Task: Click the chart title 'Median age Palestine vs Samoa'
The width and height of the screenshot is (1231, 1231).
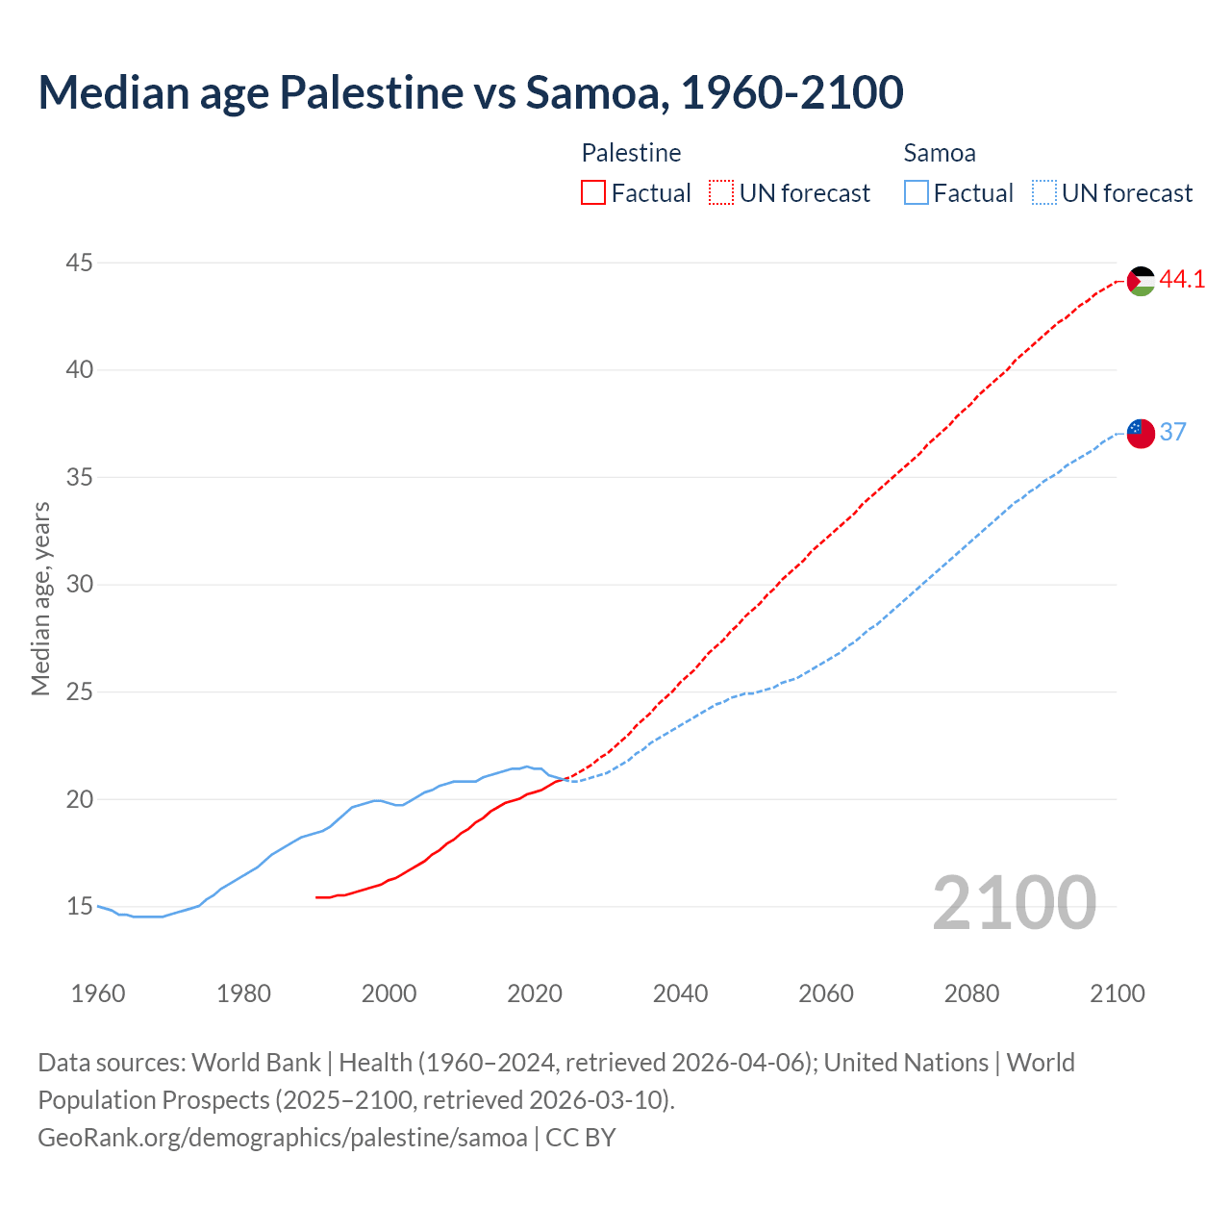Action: (470, 92)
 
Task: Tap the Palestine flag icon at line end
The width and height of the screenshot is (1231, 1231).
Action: (1141, 281)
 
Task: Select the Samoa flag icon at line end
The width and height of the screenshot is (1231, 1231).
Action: (1141, 433)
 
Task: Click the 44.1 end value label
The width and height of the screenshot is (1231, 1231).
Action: (1182, 280)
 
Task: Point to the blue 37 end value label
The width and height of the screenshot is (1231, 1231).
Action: (1172, 432)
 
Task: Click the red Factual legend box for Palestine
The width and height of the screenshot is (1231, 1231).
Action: (593, 193)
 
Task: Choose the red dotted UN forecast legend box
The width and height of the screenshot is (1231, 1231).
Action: (721, 193)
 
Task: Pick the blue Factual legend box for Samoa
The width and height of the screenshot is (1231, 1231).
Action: (917, 193)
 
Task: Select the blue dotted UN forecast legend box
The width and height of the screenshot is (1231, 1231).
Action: (1043, 193)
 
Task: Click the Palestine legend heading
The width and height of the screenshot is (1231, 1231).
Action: (631, 153)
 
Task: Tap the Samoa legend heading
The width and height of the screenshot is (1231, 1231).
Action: (940, 153)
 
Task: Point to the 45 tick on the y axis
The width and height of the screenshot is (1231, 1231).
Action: (80, 263)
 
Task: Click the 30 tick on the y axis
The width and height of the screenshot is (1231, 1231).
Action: (80, 585)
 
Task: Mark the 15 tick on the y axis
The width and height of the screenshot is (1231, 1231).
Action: (80, 907)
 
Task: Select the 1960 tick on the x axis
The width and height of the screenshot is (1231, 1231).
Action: (98, 993)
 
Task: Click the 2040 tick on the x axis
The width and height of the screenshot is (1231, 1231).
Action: (680, 993)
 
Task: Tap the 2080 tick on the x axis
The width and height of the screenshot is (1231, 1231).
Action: (971, 993)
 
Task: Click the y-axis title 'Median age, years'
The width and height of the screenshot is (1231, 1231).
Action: (40, 598)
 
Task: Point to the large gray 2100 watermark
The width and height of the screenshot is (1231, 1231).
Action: (1014, 903)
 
